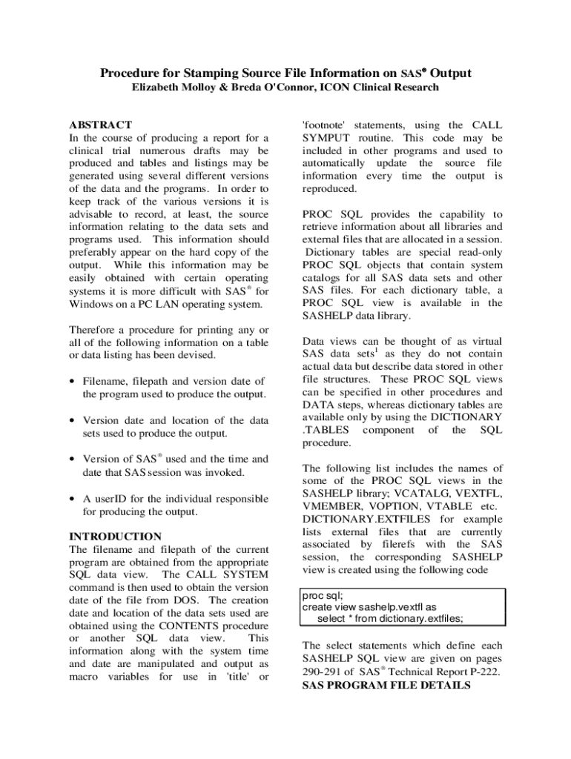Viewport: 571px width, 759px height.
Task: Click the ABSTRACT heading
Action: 100,125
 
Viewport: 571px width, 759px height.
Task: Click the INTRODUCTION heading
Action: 115,536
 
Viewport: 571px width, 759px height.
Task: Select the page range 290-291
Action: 325,672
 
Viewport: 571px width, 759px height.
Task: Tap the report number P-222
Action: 481,672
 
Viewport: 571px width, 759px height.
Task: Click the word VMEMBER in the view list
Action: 331,508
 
